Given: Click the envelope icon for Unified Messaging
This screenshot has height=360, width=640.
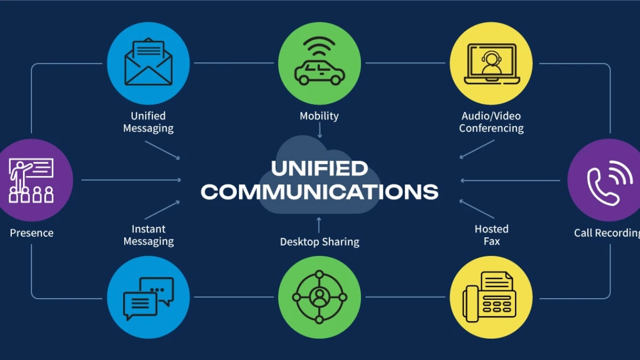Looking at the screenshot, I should (148, 62).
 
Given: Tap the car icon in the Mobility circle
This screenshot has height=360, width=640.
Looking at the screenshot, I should (319, 73).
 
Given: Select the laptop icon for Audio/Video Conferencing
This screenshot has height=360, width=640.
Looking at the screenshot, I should (492, 63).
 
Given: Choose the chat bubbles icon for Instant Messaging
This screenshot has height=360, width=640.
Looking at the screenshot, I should (148, 298).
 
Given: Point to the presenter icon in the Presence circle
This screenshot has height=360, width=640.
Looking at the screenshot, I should (31, 180).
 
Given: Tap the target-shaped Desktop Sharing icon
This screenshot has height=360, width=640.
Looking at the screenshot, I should (319, 297).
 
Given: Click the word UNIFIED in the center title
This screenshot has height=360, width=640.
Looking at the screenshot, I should (319, 169).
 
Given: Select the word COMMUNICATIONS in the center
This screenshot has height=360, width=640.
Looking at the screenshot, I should (319, 191).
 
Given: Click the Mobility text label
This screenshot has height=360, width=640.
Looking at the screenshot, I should (319, 116).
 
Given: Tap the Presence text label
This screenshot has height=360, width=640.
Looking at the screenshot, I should (31, 233).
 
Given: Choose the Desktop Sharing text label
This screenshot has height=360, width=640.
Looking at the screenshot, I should (319, 242).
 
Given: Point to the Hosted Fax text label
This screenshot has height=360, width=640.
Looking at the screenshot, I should (491, 235).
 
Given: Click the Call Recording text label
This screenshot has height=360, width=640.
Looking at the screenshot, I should (606, 233).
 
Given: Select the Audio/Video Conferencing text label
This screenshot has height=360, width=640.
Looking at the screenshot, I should (491, 122).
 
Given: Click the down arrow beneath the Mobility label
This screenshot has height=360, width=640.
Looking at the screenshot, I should (319, 131).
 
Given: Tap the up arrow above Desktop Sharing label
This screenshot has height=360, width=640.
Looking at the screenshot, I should (319, 225).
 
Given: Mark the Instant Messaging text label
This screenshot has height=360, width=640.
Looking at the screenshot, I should (149, 235).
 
